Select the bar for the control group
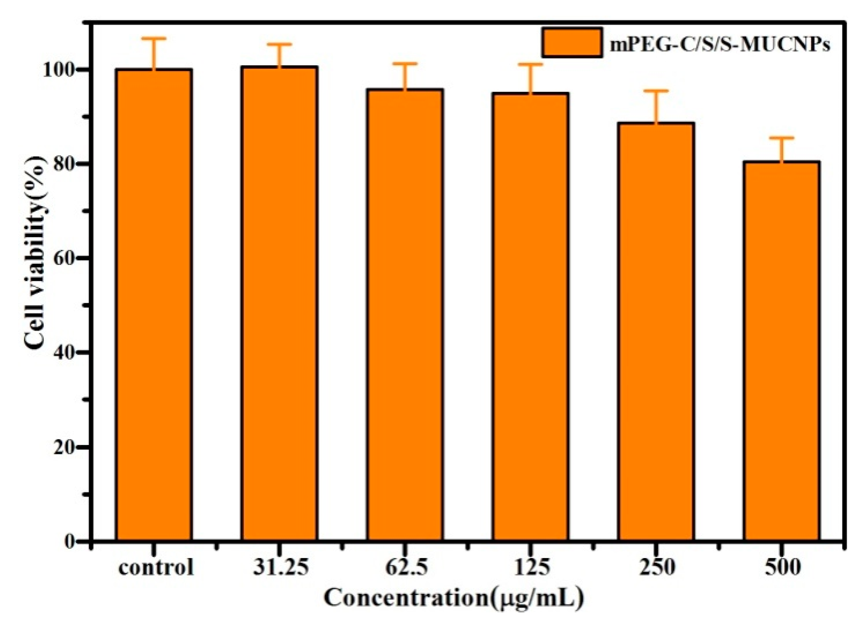click(x=154, y=305)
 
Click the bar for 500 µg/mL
click(x=781, y=351)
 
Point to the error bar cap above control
click(x=154, y=38)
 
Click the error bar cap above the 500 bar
click(x=781, y=138)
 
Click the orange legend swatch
click(x=572, y=42)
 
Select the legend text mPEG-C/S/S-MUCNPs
click(x=719, y=44)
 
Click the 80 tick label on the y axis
click(x=66, y=164)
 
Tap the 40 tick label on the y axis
click(x=66, y=352)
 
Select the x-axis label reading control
click(x=156, y=567)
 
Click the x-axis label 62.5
click(x=407, y=567)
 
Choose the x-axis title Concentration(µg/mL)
click(x=454, y=598)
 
